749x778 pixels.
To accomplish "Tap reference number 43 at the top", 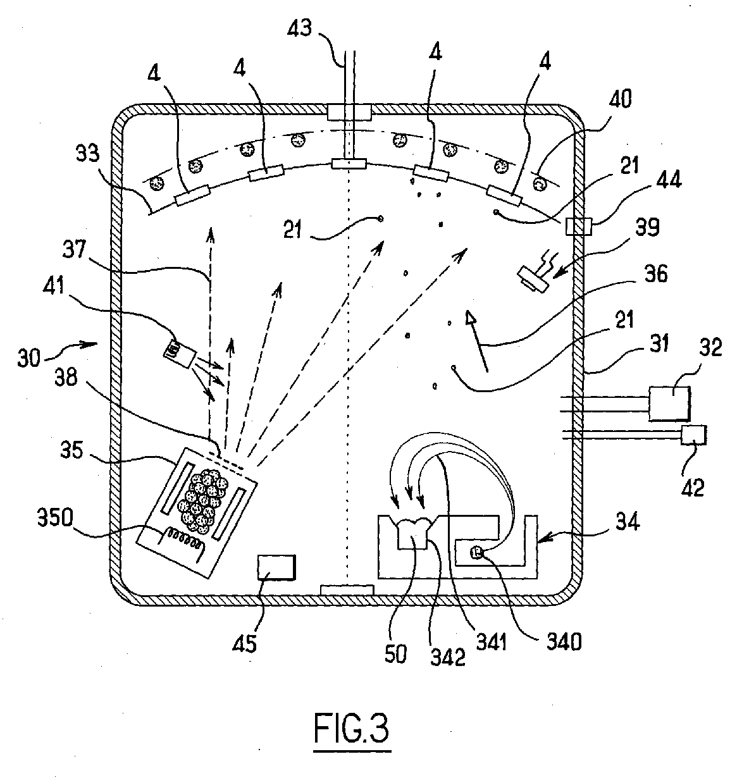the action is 299,29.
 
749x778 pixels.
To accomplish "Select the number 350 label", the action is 55,518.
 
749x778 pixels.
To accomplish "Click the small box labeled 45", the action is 276,567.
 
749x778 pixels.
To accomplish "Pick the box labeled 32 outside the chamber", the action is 669,403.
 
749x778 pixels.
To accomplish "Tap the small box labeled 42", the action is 694,435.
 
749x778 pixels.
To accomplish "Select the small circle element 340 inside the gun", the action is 476,553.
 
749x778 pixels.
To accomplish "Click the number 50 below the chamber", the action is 395,653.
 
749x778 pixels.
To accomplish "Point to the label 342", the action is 448,657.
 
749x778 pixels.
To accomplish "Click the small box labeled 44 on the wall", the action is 579,226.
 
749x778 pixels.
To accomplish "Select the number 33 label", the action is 88,153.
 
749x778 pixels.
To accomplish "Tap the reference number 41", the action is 53,286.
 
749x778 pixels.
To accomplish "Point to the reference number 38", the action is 66,376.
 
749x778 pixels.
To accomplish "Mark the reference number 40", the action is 620,99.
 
